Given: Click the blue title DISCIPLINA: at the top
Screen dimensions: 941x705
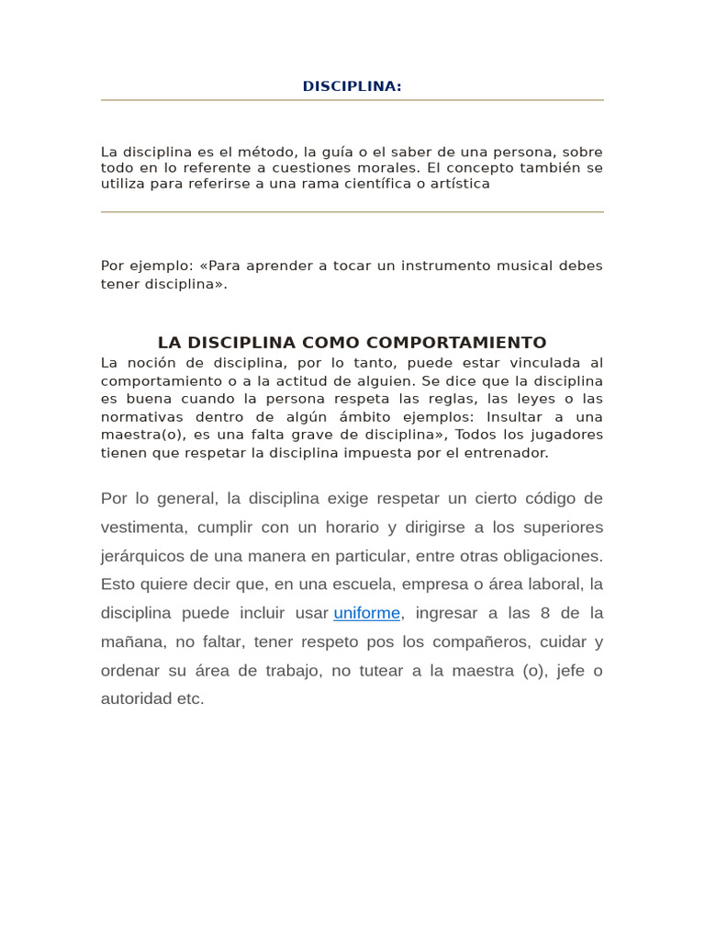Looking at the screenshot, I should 352,86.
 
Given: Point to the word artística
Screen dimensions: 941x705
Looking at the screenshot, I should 453,183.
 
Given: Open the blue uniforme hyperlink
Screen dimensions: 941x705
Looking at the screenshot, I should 367,613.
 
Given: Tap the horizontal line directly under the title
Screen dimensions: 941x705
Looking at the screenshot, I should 352,100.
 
